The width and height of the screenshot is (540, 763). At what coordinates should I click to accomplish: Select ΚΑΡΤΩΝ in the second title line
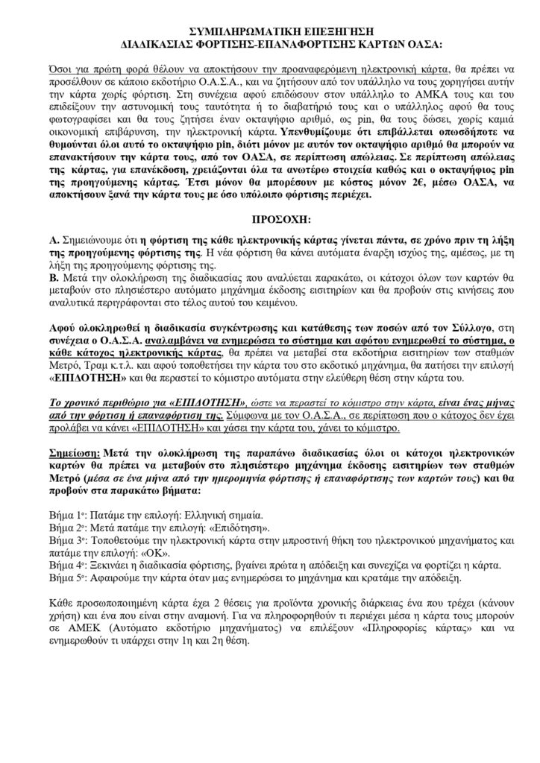click(368, 44)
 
